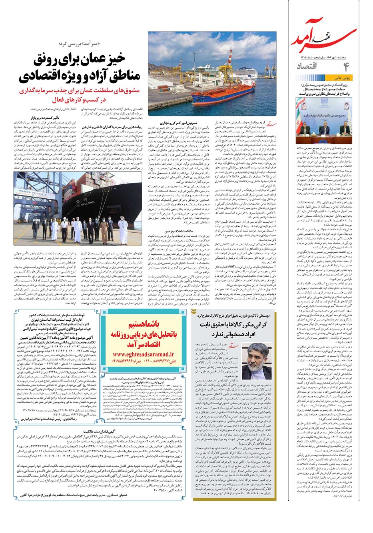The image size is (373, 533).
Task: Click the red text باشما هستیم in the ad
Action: pos(143,323)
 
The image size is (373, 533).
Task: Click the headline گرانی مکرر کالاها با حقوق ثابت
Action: pos(236,325)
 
